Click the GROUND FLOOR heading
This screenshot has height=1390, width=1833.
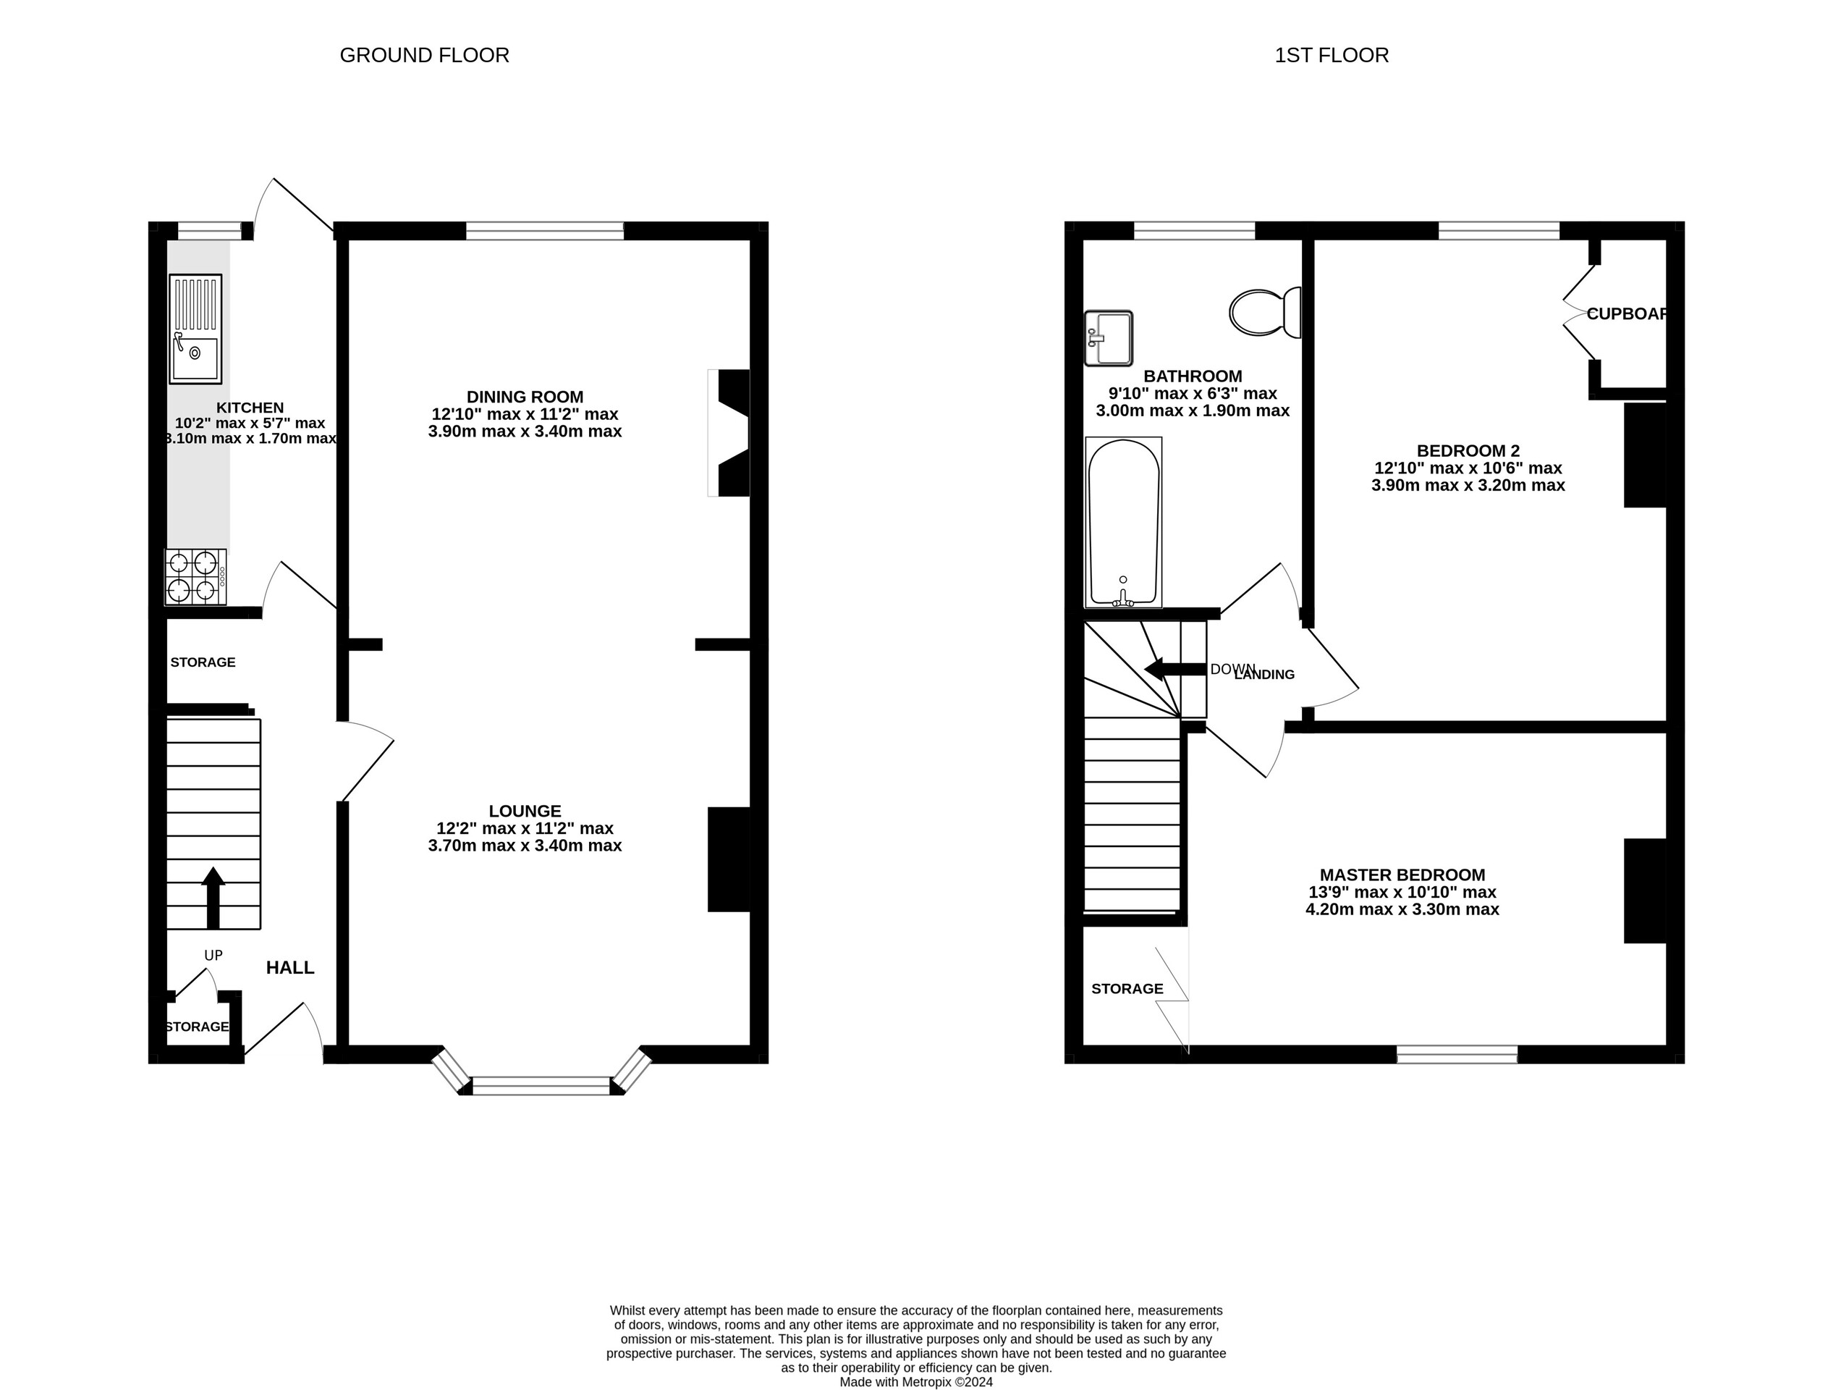coord(424,56)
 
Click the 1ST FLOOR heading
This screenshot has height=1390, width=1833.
coord(1331,56)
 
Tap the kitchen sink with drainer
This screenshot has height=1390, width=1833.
coord(195,329)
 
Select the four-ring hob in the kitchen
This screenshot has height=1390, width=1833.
coord(195,577)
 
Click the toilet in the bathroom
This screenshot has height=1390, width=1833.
coord(1263,313)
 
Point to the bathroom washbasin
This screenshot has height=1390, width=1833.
coord(1108,338)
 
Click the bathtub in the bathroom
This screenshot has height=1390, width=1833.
coord(1123,522)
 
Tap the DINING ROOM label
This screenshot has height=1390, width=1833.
coord(525,397)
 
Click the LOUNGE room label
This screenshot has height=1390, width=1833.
coord(525,812)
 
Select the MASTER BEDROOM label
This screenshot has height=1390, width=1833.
coord(1402,875)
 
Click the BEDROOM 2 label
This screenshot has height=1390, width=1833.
coord(1468,451)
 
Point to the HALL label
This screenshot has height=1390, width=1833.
coord(290,967)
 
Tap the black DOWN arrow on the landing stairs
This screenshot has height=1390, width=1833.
coord(1173,669)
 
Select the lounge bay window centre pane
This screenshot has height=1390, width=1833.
coord(541,1085)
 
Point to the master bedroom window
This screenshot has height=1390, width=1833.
coord(1457,1054)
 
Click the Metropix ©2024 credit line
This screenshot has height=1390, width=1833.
coord(915,1382)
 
